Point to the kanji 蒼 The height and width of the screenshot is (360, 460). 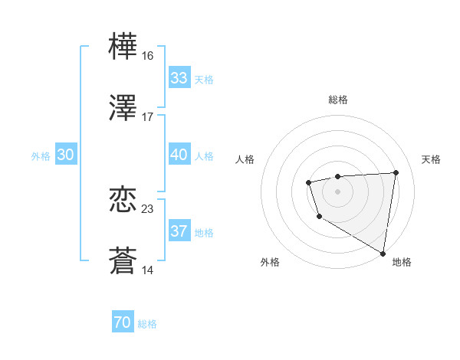[x=123, y=260]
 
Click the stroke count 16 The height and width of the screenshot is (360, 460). [x=147, y=56]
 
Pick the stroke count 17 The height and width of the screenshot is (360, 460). [x=147, y=116]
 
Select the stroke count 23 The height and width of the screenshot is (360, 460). [x=147, y=208]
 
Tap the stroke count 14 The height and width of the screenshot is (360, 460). [x=147, y=270]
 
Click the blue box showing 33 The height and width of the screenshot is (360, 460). [x=179, y=78]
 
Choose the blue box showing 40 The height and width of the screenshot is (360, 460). [x=179, y=155]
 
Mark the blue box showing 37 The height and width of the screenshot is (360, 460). [x=179, y=231]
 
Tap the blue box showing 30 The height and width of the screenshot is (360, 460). [x=66, y=155]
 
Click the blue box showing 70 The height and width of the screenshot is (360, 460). [x=123, y=323]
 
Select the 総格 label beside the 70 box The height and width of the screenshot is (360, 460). [x=147, y=324]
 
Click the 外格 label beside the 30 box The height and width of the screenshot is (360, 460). [x=41, y=155]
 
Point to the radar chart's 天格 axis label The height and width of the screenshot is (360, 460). [x=431, y=159]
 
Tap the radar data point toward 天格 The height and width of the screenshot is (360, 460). [x=396, y=172]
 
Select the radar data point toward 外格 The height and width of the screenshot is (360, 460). [x=319, y=217]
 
